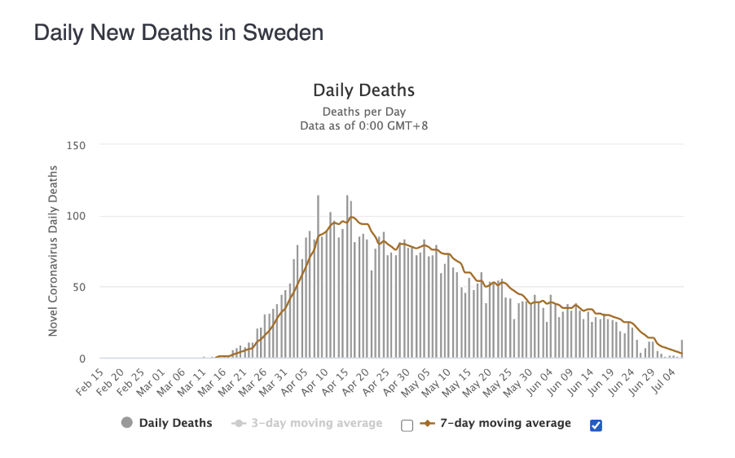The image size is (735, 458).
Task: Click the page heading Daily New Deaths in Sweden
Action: (178, 33)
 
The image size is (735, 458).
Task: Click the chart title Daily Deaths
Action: (363, 90)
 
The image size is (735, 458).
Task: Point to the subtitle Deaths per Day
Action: (363, 112)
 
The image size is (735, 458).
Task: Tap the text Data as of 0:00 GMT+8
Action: (363, 126)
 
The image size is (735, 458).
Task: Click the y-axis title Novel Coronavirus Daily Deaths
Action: (54, 251)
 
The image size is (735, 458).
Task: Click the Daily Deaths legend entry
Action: (175, 423)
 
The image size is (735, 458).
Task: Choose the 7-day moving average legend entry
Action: (505, 423)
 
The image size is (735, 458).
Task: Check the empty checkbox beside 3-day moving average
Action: (407, 425)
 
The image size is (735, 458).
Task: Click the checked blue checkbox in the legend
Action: (596, 425)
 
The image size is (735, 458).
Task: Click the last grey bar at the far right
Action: (682, 349)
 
